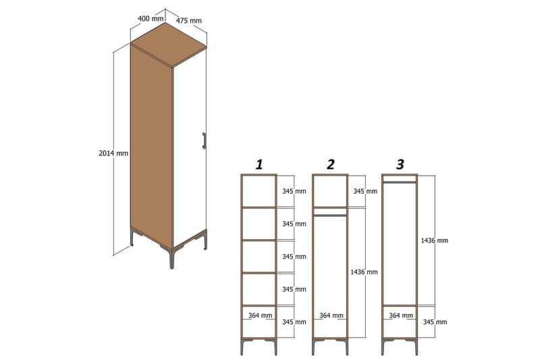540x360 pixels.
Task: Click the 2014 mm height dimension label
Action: click(113, 153)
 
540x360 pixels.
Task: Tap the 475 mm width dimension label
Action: click(189, 20)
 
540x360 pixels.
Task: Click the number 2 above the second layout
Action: click(330, 164)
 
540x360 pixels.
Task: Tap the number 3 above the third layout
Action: click(400, 164)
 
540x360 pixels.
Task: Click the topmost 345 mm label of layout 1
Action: click(294, 191)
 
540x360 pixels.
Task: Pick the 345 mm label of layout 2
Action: click(365, 191)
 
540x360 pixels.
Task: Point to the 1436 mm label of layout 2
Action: click(364, 272)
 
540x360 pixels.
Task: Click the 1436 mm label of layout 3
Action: click(435, 240)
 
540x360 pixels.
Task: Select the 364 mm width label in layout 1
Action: click(261, 315)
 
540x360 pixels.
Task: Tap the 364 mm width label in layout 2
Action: click(331, 315)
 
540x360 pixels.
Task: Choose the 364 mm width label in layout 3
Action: click(402, 315)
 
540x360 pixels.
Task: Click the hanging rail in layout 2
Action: click(330, 215)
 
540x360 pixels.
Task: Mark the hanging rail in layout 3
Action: click(400, 182)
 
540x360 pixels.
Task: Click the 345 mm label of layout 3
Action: click(435, 322)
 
